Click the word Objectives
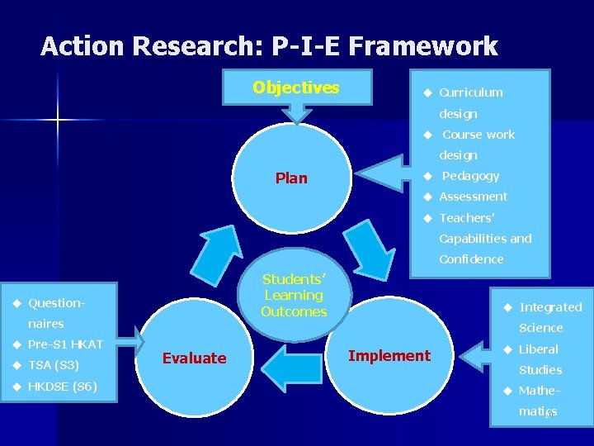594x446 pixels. [295, 88]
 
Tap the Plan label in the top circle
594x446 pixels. [291, 178]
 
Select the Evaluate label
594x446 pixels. [194, 358]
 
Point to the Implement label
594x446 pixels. [389, 355]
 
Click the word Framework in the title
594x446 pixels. [423, 46]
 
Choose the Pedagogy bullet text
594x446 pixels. [470, 175]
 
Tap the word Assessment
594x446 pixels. [473, 197]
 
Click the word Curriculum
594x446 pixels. [470, 93]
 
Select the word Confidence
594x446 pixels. [471, 259]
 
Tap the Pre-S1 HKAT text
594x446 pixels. [65, 344]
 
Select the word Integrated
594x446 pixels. [550, 307]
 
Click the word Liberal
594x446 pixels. [539, 349]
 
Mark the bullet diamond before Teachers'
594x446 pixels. [427, 218]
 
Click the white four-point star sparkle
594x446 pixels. [59, 121]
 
